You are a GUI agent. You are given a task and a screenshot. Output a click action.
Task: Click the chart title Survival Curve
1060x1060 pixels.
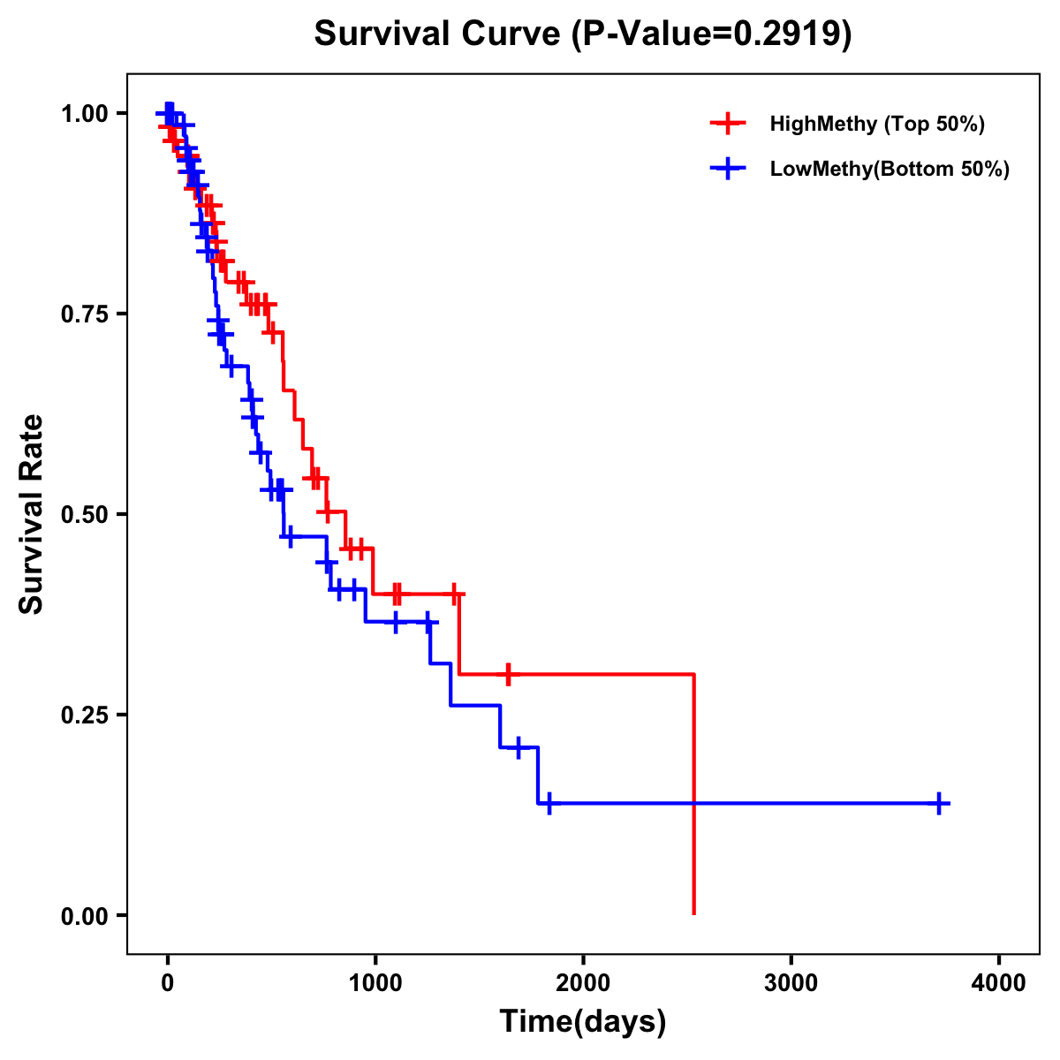tap(438, 34)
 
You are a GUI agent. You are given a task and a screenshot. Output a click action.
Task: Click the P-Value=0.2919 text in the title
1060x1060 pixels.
tap(711, 34)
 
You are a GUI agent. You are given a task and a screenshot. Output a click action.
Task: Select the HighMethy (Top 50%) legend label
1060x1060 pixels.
tap(876, 124)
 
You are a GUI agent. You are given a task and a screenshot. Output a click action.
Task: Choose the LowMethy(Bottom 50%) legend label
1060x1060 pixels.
tap(889, 169)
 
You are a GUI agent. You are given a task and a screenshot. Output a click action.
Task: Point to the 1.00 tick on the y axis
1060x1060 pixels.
tap(85, 113)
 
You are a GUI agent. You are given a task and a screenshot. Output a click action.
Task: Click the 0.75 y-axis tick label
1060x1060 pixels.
tap(85, 314)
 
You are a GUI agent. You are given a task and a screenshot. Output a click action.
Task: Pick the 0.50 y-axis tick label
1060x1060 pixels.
tap(85, 514)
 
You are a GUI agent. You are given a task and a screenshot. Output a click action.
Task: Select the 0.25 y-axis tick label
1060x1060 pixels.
tap(85, 715)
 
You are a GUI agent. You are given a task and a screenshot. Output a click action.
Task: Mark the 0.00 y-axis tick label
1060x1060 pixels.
tap(85, 915)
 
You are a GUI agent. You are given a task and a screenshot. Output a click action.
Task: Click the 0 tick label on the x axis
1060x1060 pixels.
tap(168, 982)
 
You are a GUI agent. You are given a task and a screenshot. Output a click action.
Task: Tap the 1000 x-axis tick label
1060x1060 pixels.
tap(375, 982)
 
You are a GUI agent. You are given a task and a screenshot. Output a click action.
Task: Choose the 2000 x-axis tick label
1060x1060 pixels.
tap(583, 982)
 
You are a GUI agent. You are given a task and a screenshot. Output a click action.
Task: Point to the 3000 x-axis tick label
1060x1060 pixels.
tap(791, 982)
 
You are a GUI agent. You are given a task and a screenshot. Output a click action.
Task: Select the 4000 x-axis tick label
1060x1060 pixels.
tap(998, 982)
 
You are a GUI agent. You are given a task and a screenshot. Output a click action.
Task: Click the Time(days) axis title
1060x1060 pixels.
tap(583, 1022)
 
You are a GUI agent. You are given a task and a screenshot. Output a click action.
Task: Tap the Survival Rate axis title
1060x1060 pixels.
tap(33, 514)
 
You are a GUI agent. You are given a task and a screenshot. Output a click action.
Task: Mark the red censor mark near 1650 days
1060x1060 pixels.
tap(508, 674)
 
